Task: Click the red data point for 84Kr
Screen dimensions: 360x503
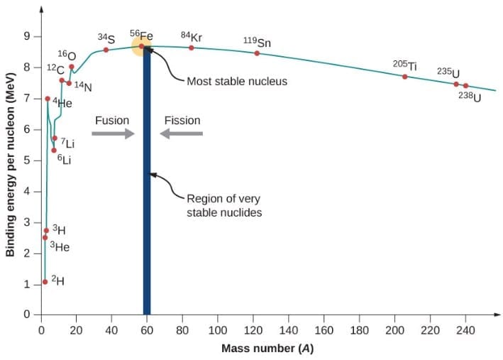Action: (x=191, y=48)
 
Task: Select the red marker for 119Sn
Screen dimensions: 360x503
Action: (x=257, y=53)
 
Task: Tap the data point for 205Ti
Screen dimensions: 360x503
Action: (x=405, y=77)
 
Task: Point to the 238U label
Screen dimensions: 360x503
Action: (x=469, y=96)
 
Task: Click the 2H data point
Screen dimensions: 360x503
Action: (x=45, y=282)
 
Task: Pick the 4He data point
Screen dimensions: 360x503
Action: (x=48, y=99)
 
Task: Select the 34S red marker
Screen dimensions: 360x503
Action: (x=106, y=50)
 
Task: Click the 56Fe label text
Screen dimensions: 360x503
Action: (x=140, y=35)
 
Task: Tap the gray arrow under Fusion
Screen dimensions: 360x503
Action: (x=113, y=133)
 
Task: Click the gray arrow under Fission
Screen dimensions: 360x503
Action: (x=182, y=133)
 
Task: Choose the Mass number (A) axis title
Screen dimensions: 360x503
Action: (x=267, y=349)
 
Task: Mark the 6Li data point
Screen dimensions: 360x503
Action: (x=53, y=150)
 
